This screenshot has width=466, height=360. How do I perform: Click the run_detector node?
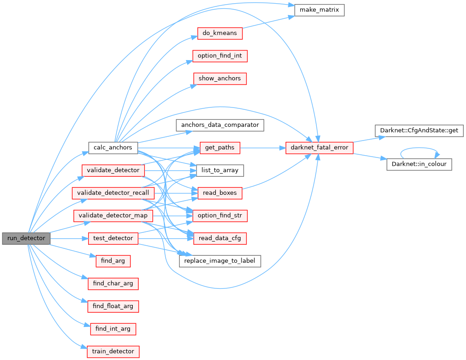click(x=26, y=238)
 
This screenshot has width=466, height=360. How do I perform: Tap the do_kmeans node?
click(x=219, y=34)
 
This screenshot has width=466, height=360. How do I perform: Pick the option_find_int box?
click(x=220, y=56)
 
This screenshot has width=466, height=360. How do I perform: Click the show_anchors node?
click(x=219, y=79)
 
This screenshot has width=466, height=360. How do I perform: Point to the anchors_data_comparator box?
click(x=220, y=125)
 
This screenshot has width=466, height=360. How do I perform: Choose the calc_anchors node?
click(x=113, y=147)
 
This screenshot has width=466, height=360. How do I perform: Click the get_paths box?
click(x=220, y=148)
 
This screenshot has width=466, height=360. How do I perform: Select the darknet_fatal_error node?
click(x=319, y=147)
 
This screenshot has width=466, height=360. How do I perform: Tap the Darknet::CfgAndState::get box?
click(x=416, y=130)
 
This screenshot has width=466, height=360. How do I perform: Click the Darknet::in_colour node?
click(x=420, y=164)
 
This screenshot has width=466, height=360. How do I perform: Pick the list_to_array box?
click(x=220, y=170)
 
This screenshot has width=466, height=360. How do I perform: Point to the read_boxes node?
click(x=220, y=193)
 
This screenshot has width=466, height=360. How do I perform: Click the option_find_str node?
click(x=220, y=215)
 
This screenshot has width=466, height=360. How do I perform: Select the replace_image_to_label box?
click(x=220, y=261)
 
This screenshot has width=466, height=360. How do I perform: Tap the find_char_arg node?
click(x=113, y=283)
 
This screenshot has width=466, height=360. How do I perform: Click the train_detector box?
click(x=113, y=352)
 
